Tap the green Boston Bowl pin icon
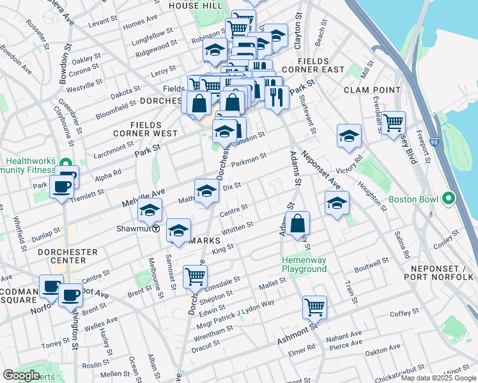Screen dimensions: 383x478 (x=449, y=199)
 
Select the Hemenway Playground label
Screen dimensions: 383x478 (x=305, y=264)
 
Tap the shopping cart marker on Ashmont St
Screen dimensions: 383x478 (x=314, y=306)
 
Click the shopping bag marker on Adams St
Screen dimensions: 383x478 (x=298, y=223)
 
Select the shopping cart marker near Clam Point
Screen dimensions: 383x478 (x=393, y=122)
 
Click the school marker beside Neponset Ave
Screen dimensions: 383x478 (x=337, y=203)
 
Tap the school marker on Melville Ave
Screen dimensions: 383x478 (x=150, y=209)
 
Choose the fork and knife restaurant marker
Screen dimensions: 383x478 (x=277, y=97)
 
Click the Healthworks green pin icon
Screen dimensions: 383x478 (x=65, y=163)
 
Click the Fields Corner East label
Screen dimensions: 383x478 (x=321, y=64)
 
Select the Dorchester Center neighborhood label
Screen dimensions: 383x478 (x=68, y=257)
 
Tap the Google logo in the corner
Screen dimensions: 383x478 (x=22, y=375)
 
